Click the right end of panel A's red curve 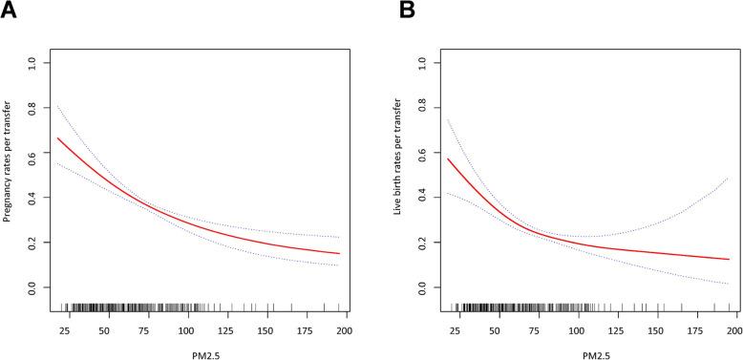(339, 254)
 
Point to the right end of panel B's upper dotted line (729, 178)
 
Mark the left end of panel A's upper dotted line (58, 105)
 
